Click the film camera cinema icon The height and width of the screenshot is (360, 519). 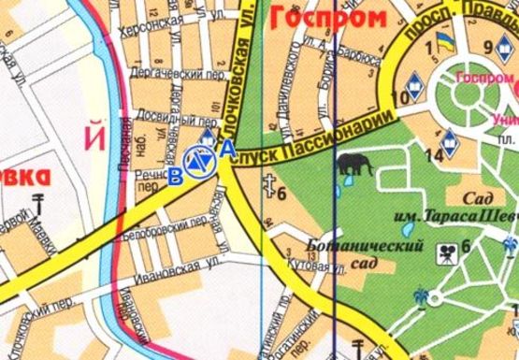click(x=447, y=251)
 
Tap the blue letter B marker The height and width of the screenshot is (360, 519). click(x=176, y=180)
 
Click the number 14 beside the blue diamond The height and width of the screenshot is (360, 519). click(x=433, y=155)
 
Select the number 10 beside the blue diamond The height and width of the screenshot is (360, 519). click(x=406, y=97)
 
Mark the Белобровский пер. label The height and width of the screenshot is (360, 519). click(x=172, y=223)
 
